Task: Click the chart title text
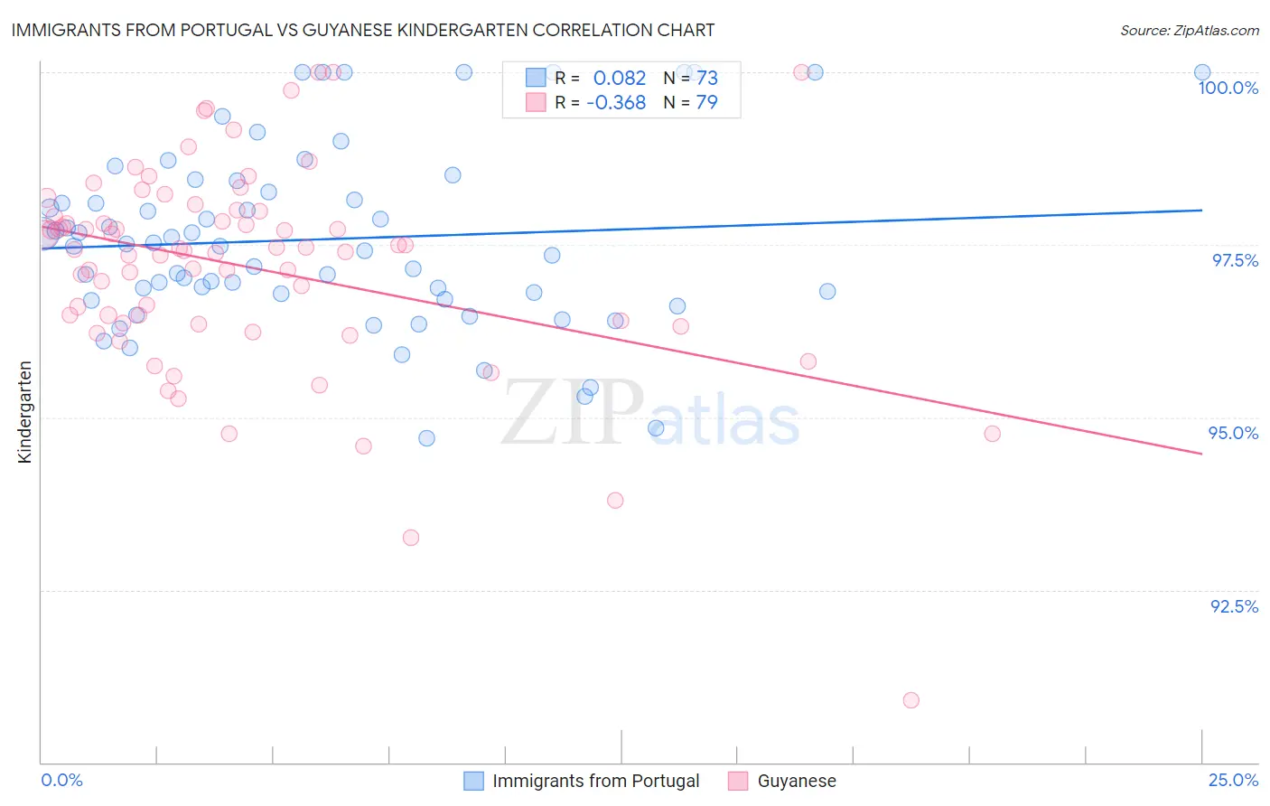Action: tap(362, 30)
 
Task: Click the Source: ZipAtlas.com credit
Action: tap(1189, 30)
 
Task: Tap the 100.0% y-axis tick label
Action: tap(1228, 88)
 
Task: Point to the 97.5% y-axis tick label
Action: tap(1234, 260)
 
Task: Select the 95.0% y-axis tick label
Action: tap(1233, 433)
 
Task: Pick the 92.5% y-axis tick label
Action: tap(1233, 606)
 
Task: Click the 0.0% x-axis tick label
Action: tap(61, 780)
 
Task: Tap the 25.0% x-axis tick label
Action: tap(1233, 780)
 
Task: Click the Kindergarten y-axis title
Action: tap(25, 412)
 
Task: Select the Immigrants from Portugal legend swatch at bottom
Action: tap(473, 781)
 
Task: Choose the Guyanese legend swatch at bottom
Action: tap(738, 781)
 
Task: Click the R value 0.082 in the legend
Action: tap(619, 79)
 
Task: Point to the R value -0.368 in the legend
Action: tap(615, 102)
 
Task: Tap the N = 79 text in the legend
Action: tap(690, 102)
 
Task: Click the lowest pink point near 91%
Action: tap(910, 700)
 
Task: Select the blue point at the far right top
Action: tap(1202, 72)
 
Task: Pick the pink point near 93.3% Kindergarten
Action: tap(411, 538)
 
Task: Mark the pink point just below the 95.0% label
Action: tap(992, 434)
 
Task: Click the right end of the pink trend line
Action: tap(1202, 454)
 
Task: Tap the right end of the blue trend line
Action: tap(1202, 210)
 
